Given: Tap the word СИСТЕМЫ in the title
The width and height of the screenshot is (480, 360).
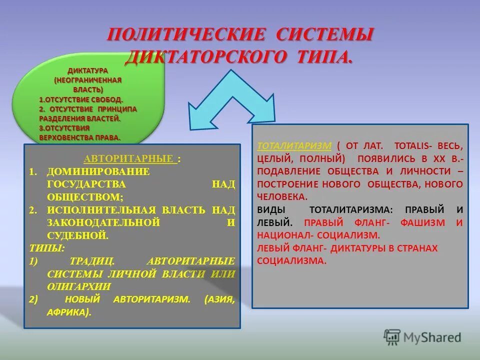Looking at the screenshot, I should [325, 35].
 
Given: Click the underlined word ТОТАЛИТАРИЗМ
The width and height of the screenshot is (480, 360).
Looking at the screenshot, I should [294, 146].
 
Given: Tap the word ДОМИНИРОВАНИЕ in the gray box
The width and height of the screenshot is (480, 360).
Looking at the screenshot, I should [98, 171].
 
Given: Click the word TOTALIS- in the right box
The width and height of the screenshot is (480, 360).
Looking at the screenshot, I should [414, 146].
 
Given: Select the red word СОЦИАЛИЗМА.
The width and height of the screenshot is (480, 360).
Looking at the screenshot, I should [291, 260].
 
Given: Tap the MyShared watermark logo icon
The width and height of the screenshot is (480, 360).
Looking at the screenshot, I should [392, 336].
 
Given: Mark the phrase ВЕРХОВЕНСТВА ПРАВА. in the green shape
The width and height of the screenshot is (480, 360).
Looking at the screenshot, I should [80, 137].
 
